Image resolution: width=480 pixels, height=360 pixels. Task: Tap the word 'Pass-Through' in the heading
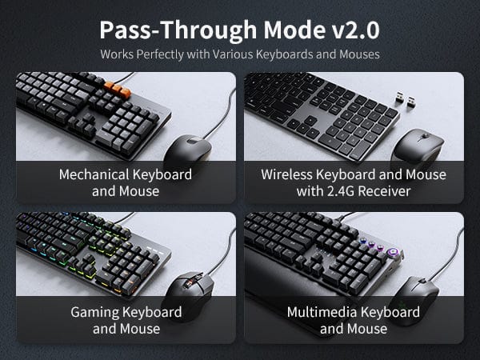[x=178, y=30]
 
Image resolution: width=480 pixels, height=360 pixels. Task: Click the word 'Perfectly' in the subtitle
[x=160, y=54]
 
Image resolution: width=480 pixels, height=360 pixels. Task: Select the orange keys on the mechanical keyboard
[x=117, y=89]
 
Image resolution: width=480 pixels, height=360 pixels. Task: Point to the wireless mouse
[x=418, y=146]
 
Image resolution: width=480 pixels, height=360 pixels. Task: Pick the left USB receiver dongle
[x=399, y=97]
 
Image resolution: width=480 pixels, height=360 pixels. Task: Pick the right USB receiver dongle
[x=411, y=102]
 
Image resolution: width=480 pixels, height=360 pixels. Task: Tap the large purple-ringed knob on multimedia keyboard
[x=392, y=253]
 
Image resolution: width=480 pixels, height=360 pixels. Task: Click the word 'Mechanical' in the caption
[x=94, y=174]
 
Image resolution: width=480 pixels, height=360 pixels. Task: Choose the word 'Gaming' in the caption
[x=95, y=313]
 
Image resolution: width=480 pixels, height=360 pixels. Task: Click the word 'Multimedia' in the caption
[x=322, y=312]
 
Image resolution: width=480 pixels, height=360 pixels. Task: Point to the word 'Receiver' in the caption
[x=384, y=191]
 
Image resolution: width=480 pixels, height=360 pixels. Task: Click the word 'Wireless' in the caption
[x=287, y=174]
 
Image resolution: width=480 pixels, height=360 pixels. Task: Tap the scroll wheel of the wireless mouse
[x=425, y=136]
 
